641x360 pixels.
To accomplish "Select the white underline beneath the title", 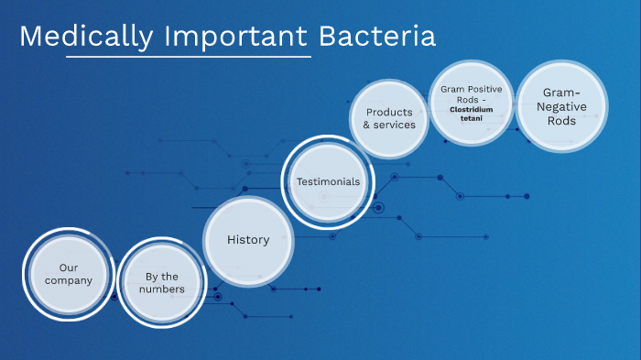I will coord(189,57).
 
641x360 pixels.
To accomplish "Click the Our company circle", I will coord(69,274).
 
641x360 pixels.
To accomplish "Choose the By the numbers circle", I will coord(162,283).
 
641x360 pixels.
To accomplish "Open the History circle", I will coord(248,240).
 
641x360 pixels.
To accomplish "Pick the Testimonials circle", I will coord(328,181).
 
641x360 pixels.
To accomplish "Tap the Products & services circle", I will coord(389,119).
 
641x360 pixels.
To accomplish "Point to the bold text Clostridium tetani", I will coord(471,114).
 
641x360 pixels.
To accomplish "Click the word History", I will coord(248,240).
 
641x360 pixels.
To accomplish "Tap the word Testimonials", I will coord(328,181).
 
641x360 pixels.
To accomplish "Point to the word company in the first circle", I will coord(69,280).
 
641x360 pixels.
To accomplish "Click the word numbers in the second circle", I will coord(162,289).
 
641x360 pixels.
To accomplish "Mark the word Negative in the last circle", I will coord(561,106).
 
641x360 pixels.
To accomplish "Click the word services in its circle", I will coord(396,125).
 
